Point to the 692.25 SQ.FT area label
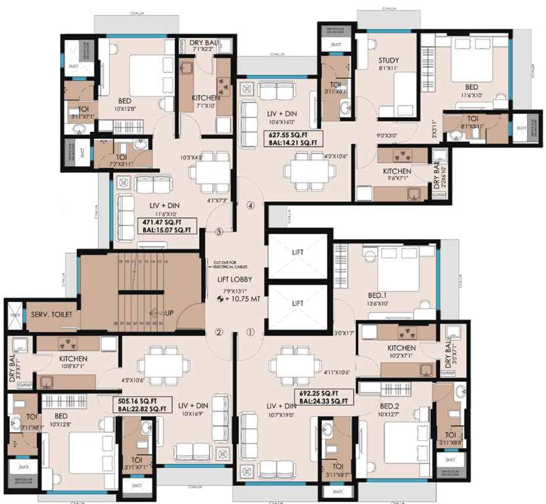(323, 396)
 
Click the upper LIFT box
(298, 252)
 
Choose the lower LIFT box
(298, 303)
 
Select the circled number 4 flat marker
(250, 205)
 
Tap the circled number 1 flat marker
(250, 332)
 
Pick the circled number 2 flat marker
(219, 332)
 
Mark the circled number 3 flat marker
(219, 232)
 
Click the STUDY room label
(388, 61)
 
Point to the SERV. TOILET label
(51, 315)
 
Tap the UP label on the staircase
(168, 313)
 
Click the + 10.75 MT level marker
(240, 298)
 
